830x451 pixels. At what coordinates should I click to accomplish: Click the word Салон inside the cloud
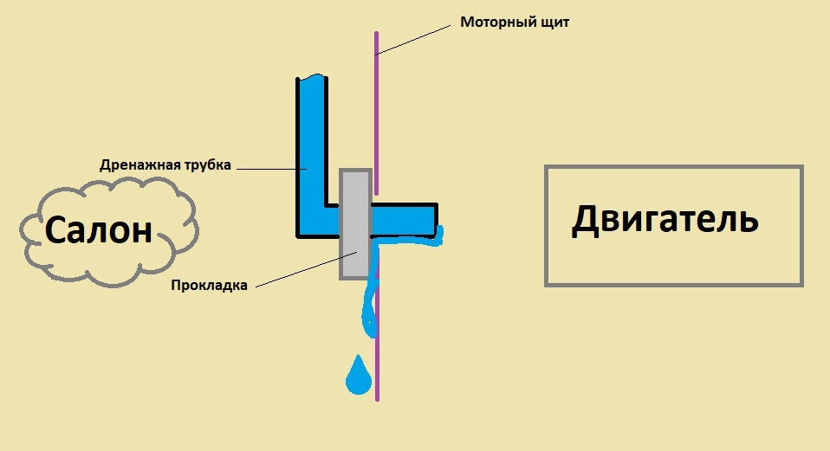pos(98,230)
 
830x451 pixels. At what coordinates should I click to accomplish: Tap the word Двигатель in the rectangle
pos(665,221)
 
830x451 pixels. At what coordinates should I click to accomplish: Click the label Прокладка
pos(210,286)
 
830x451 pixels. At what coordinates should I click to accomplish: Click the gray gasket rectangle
pos(355,223)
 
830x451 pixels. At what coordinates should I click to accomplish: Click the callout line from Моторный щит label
pos(414,40)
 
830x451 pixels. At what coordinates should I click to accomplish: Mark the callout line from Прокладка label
pos(303,267)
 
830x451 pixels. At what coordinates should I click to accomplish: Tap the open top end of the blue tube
pos(311,81)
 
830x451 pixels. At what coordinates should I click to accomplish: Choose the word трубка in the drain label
pos(207,165)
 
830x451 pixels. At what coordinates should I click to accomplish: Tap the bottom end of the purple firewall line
pos(378,398)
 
